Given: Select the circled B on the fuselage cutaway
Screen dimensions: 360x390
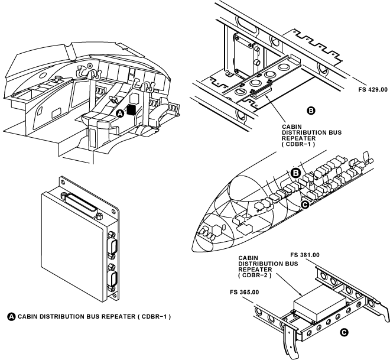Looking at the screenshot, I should pyautogui.click(x=297, y=173).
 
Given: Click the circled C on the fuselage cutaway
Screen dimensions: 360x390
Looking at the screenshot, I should pyautogui.click(x=305, y=205).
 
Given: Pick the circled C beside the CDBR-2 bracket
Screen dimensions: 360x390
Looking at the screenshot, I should pyautogui.click(x=344, y=333).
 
